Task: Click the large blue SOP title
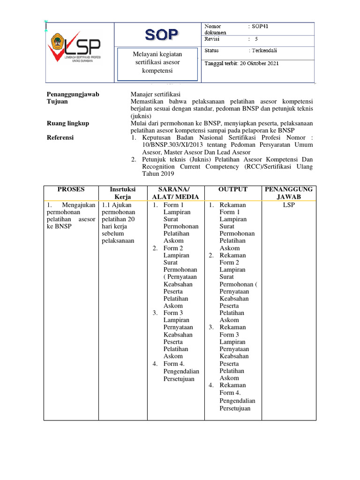161,35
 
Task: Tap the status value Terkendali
265,50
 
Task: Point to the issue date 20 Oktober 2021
258,63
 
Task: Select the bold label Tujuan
58,101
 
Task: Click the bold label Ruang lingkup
68,123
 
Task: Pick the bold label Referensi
60,138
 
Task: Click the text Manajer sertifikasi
156,94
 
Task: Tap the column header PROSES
71,189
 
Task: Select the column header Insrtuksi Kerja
122,193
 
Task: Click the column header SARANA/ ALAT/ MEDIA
175,193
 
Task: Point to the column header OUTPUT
232,189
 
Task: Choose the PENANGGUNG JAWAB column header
289,193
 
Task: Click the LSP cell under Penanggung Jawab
289,205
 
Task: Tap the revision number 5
256,39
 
